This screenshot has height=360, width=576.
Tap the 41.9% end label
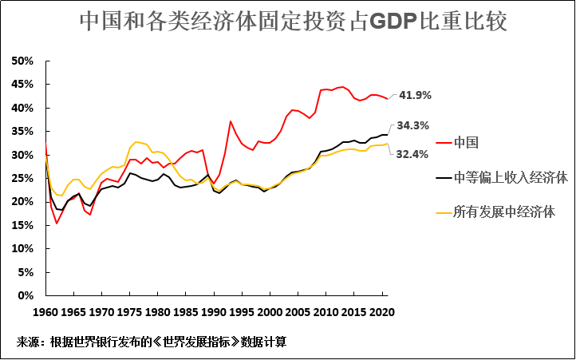click(x=414, y=95)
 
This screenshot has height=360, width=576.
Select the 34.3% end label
click(x=414, y=125)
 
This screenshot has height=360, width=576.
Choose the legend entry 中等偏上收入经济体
click(x=510, y=177)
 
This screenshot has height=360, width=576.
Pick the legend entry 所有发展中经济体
click(x=504, y=212)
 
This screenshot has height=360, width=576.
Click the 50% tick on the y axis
click(x=22, y=61)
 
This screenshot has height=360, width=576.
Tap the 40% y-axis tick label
click(x=22, y=108)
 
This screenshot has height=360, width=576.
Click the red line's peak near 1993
click(x=231, y=121)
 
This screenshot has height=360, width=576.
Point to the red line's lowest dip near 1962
click(x=57, y=223)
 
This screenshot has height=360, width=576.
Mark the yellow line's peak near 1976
click(x=136, y=141)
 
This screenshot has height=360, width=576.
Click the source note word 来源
click(x=29, y=342)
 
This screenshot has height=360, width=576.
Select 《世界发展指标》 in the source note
click(x=189, y=342)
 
